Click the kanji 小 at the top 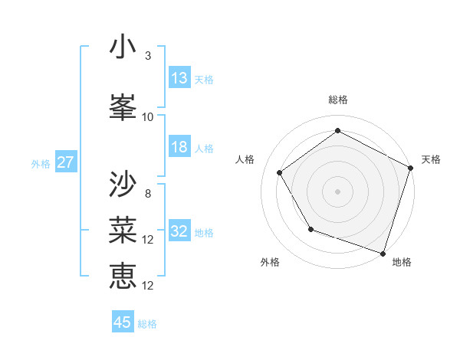coord(123,47)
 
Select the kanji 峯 coord(123,108)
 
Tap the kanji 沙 coord(123,184)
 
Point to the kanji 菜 coord(123,230)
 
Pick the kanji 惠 coord(123,276)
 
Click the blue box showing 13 coord(179,78)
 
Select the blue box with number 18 coord(179,147)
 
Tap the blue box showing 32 coord(179,232)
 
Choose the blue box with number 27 coord(65,162)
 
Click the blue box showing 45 coord(123,322)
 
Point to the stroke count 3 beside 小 coord(147,56)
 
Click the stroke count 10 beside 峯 coord(147,117)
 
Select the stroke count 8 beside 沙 coord(147,193)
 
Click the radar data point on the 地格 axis coord(383,252)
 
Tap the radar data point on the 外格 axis coord(310,228)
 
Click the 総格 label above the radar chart coord(338,100)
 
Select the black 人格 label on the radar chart coord(245,159)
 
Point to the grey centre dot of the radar coord(338,191)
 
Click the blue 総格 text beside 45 coord(147,324)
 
